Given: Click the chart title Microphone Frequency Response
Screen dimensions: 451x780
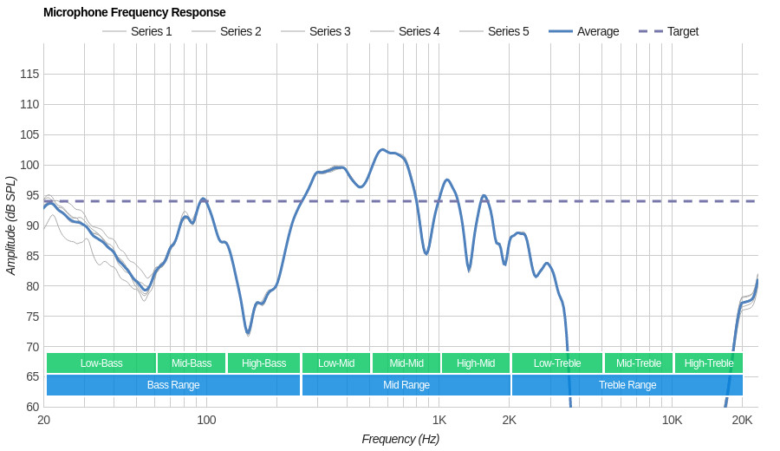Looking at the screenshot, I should coord(134,12).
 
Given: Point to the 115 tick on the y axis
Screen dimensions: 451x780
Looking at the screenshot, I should coord(29,74).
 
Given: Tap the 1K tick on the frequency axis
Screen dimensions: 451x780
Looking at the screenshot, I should coord(439,420).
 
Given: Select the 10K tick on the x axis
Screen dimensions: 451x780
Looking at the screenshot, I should coord(672,420).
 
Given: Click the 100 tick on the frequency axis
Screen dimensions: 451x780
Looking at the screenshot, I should coord(206,420).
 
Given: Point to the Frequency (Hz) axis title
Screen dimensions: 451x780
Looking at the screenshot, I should coord(400,439).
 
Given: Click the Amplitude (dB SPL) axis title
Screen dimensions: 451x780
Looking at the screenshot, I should coord(10,225).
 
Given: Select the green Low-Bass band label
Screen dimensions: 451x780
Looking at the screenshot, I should coord(101,363).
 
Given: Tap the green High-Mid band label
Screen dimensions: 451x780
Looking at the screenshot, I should coord(476,363).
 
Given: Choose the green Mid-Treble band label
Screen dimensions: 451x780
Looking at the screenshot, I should coord(639,363).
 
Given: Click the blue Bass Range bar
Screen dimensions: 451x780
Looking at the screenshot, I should coord(173,385).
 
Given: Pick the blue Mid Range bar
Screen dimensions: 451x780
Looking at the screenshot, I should coord(406,385).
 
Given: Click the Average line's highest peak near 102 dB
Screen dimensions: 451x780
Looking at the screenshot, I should coord(382,149).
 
